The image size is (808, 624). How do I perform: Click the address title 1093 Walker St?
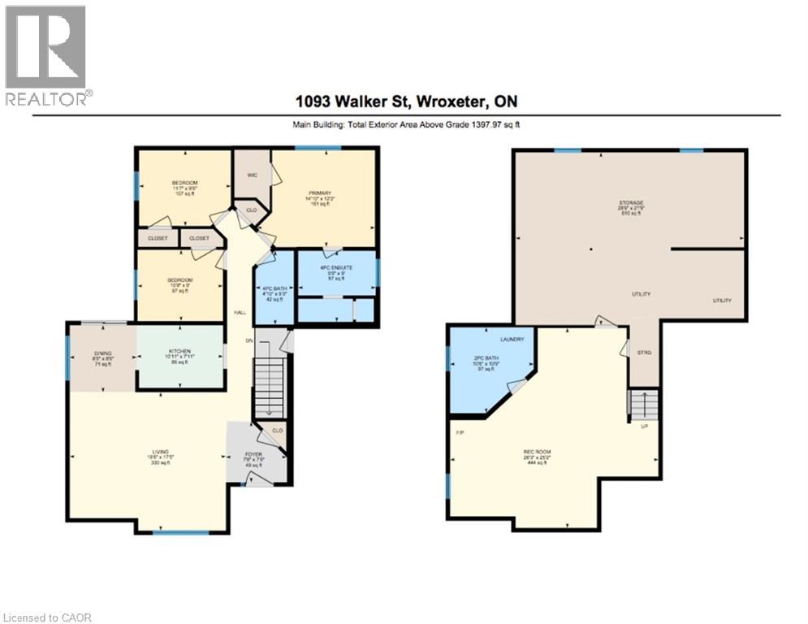point(403,102)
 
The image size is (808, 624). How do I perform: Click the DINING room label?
point(103,351)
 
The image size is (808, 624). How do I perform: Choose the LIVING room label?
point(158,451)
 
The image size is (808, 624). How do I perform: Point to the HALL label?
point(240,312)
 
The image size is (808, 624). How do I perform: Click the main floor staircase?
point(269,388)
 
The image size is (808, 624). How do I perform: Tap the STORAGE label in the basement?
point(631,202)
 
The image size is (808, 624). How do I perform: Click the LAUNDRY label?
point(512,339)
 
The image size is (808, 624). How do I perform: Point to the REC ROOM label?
point(535,451)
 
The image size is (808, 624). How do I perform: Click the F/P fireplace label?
point(460,431)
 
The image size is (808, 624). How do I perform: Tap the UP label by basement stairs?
point(643,426)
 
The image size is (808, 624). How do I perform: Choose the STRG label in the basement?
point(645,352)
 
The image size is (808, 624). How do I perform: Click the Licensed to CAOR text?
point(48,617)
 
